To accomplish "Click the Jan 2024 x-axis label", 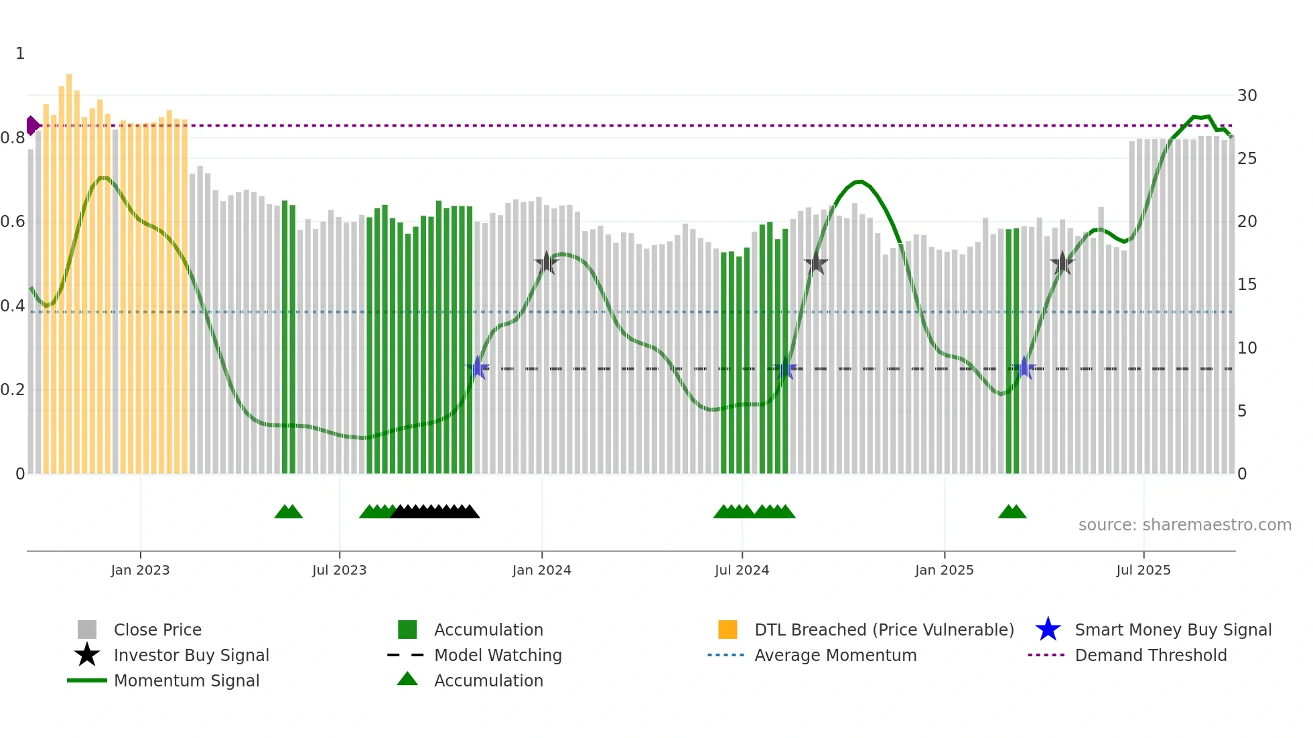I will pyautogui.click(x=541, y=570).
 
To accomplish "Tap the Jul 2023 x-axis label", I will pyautogui.click(x=339, y=570).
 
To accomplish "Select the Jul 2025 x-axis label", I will pyautogui.click(x=1143, y=570).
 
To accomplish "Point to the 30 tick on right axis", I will pyautogui.click(x=1247, y=96).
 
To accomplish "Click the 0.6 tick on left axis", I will pyautogui.click(x=13, y=222).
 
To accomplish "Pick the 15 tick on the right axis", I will pyautogui.click(x=1247, y=285).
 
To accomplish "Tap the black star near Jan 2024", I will pyautogui.click(x=547, y=263).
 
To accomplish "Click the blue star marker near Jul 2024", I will pyautogui.click(x=785, y=368).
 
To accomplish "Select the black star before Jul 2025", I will pyautogui.click(x=1062, y=264).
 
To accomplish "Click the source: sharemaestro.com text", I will pyautogui.click(x=1184, y=525).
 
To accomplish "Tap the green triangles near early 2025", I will pyautogui.click(x=1012, y=512).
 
